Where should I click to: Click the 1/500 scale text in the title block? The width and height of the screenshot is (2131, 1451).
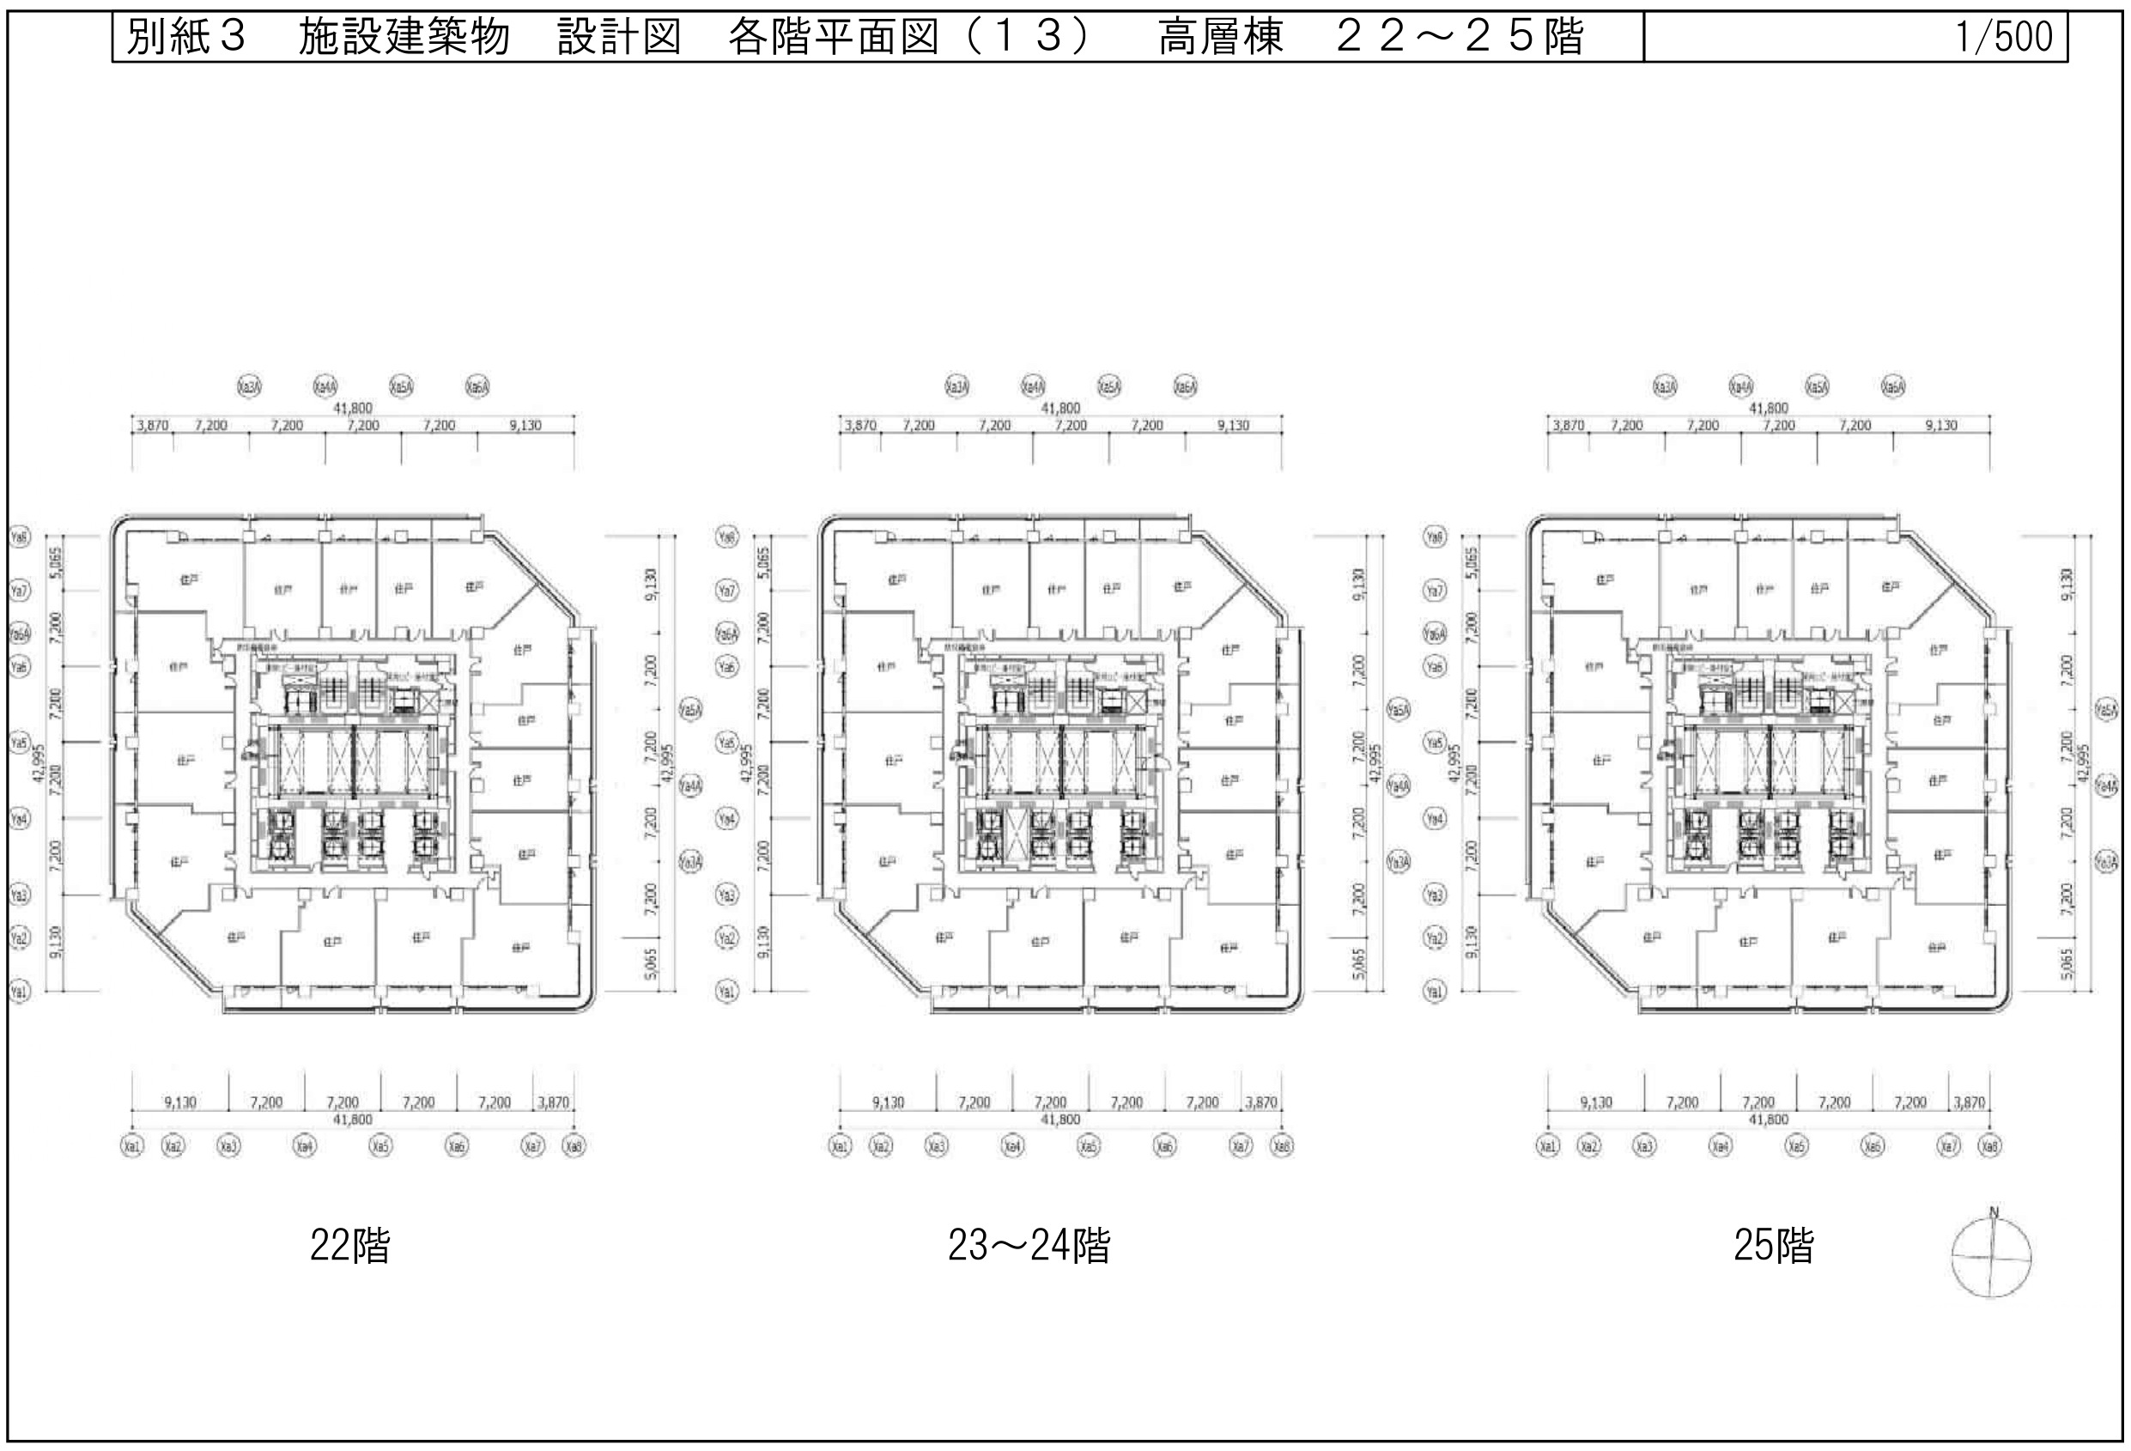[2004, 38]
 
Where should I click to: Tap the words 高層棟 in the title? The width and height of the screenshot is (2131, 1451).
[1220, 38]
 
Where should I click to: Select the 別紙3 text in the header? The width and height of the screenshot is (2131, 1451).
[186, 38]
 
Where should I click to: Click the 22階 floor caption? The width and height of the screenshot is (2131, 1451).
[349, 1246]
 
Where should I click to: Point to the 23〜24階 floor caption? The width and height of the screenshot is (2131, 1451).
[1029, 1246]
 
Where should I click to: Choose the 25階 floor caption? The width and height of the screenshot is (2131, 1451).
[1772, 1246]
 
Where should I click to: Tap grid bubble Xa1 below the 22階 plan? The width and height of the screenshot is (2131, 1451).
[132, 1146]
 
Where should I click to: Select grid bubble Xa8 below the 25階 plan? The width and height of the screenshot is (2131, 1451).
[1988, 1146]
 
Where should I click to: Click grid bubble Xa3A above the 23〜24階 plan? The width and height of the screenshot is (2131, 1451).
[956, 387]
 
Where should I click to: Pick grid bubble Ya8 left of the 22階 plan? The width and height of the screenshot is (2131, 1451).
[19, 537]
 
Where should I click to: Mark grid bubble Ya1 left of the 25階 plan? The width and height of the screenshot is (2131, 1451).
[1435, 992]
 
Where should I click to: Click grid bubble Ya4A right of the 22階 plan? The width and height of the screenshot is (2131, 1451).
[690, 786]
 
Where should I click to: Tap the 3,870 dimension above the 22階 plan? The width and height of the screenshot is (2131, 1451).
[152, 426]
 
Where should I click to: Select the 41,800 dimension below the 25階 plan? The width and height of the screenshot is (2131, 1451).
[1768, 1119]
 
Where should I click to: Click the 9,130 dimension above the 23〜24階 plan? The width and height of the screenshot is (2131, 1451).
[1233, 426]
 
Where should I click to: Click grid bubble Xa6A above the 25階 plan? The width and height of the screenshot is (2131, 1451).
[1892, 387]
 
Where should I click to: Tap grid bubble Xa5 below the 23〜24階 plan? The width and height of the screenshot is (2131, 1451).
[1089, 1146]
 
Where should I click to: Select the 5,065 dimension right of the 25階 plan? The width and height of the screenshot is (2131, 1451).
[2066, 964]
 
